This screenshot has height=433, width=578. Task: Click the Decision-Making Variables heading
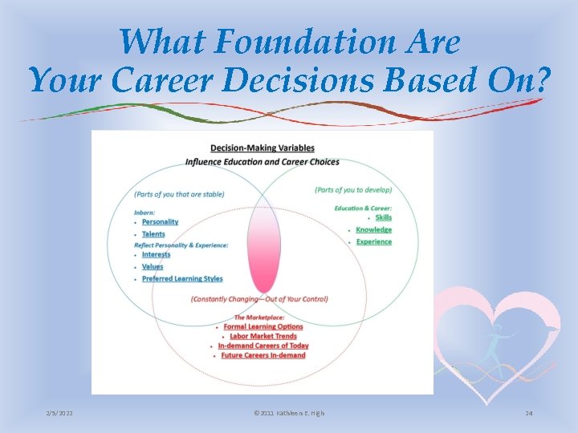coord(262,148)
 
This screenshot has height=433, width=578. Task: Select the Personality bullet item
coord(160,222)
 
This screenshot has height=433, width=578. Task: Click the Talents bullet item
coord(153,234)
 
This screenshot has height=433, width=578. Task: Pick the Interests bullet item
coord(156,254)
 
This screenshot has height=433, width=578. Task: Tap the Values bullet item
coord(153,266)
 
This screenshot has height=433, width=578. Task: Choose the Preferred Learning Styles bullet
coord(182,278)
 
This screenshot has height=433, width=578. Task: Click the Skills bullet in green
coord(384,217)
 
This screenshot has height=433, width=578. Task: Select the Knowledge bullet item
coord(374,229)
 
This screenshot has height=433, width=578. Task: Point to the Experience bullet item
coord(374,241)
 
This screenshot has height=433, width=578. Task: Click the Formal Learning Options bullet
coord(263,326)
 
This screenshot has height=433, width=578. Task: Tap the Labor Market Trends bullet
coord(263,336)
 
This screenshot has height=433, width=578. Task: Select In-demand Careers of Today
coord(263,346)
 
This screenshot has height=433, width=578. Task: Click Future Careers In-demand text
coord(263,355)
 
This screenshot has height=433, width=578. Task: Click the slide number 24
coord(528,413)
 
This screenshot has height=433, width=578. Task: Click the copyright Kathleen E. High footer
coord(289,413)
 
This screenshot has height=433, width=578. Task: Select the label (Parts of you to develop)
coord(353,190)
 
